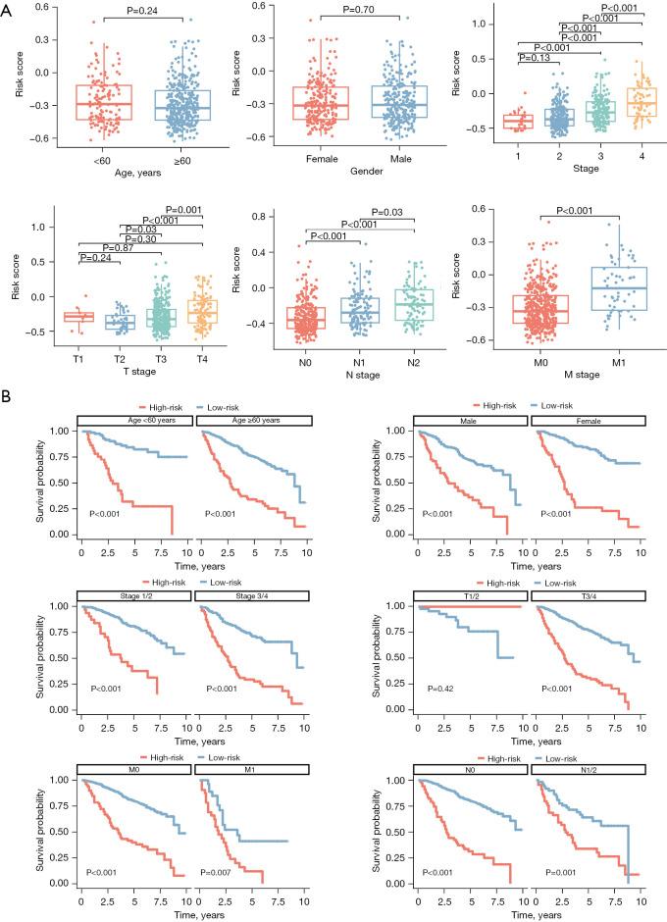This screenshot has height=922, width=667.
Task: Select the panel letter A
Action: coord(9,9)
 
